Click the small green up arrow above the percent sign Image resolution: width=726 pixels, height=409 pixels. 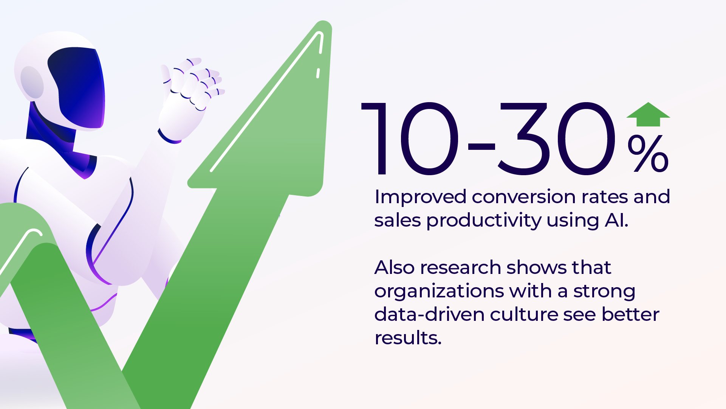point(648,114)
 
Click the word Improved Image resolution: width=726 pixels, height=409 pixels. point(420,197)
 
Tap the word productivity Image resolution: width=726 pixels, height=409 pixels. point(484,221)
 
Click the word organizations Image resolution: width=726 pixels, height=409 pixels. point(439,291)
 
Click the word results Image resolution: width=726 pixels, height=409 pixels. point(408,338)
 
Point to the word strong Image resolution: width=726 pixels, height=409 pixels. point(604,291)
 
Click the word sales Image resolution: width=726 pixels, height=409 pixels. point(397,221)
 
